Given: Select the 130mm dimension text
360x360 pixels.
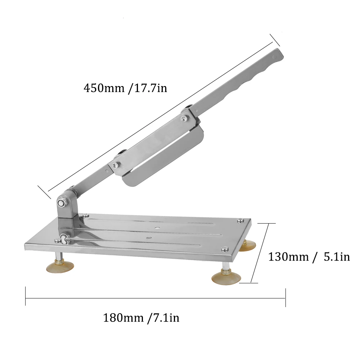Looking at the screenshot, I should pyautogui.click(x=288, y=257).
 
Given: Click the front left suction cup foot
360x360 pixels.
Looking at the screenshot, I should pyautogui.click(x=60, y=266).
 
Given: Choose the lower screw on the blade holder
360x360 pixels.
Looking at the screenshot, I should pyautogui.click(x=115, y=165).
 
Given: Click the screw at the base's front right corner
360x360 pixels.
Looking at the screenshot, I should pyautogui.click(x=225, y=248).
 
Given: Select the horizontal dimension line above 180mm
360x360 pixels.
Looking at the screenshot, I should pyautogui.click(x=155, y=298).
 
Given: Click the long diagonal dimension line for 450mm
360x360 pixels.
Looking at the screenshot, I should pyautogui.click(x=158, y=119).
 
